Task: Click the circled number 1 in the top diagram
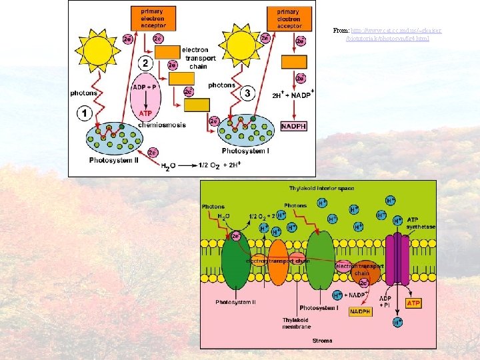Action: pyautogui.click(x=85, y=114)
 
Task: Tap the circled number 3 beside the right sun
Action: pyautogui.click(x=247, y=93)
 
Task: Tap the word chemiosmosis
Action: pyautogui.click(x=162, y=125)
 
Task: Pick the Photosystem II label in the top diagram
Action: pyautogui.click(x=114, y=161)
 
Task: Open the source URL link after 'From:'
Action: pyautogui.click(x=388, y=35)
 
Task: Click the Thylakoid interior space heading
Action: pyautogui.click(x=321, y=189)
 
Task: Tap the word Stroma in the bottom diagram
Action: pyautogui.click(x=322, y=341)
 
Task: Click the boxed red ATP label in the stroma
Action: pyautogui.click(x=413, y=303)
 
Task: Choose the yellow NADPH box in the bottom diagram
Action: pyautogui.click(x=360, y=311)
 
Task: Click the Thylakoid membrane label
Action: pyautogui.click(x=296, y=323)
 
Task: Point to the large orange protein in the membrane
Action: pyautogui.click(x=277, y=263)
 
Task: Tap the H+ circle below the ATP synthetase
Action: pyautogui.click(x=397, y=322)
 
